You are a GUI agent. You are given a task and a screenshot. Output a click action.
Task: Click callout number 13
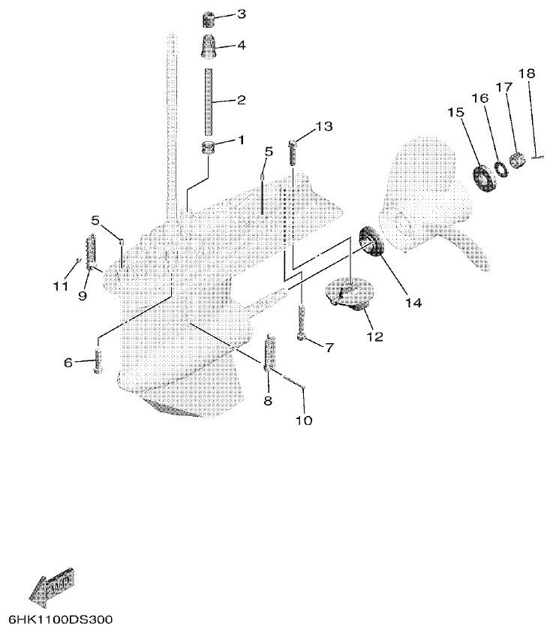323,127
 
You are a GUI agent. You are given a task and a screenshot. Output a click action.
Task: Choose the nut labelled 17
516,159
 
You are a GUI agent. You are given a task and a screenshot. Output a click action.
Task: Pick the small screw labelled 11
77,262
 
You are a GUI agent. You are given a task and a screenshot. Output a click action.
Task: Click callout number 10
304,420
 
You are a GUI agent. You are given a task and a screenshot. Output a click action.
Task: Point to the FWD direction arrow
52,586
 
